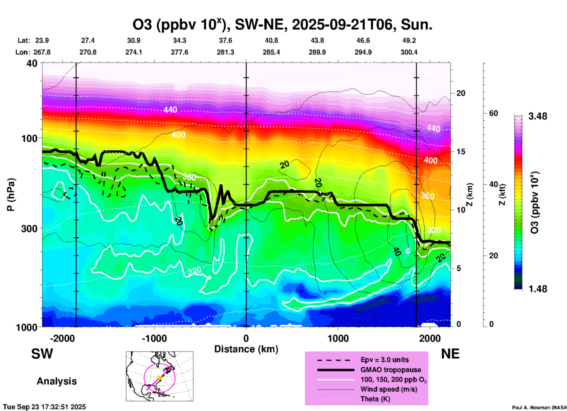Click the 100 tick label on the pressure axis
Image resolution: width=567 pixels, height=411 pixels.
(29, 138)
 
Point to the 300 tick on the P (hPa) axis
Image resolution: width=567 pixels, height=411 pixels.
(29, 228)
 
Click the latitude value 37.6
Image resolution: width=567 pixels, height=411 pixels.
(226, 40)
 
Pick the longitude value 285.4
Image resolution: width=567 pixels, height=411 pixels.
(271, 52)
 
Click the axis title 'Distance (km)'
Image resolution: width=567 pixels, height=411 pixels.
(246, 349)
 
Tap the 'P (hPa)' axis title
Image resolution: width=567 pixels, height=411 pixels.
(11, 195)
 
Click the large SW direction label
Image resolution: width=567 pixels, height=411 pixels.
(42, 354)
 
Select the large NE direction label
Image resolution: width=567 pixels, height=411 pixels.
(450, 354)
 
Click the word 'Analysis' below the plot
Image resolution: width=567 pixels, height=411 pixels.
(57, 381)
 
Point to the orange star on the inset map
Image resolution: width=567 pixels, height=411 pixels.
(159, 377)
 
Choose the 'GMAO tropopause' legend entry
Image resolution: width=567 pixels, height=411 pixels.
(391, 370)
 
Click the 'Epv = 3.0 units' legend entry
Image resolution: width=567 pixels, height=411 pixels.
(384, 360)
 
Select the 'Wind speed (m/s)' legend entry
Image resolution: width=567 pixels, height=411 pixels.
(389, 389)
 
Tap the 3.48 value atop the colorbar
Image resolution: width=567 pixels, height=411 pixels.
(538, 116)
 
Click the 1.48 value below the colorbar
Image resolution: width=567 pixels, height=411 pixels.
(538, 289)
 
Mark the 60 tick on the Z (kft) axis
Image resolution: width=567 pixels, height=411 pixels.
(493, 113)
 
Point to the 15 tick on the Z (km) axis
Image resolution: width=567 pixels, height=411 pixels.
(461, 152)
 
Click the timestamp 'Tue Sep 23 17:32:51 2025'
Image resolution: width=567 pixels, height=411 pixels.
(44, 407)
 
